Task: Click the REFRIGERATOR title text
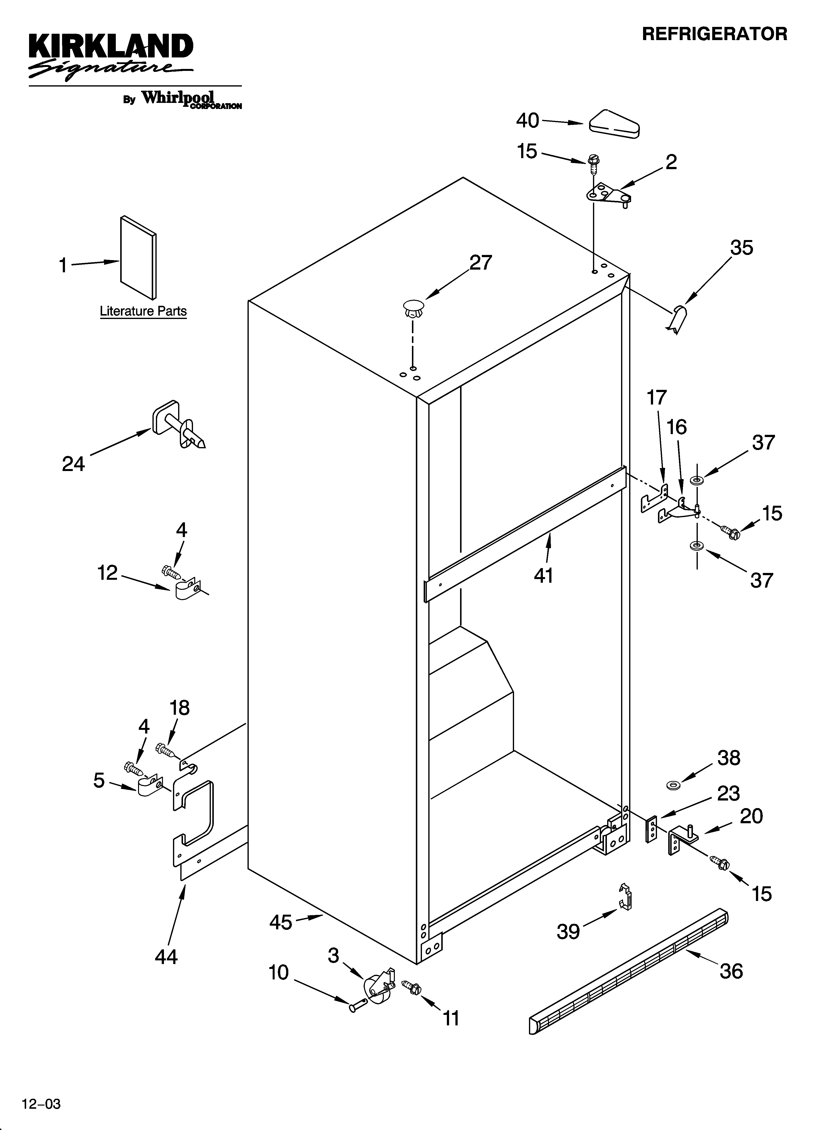coord(714,34)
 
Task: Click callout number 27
coord(481,263)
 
